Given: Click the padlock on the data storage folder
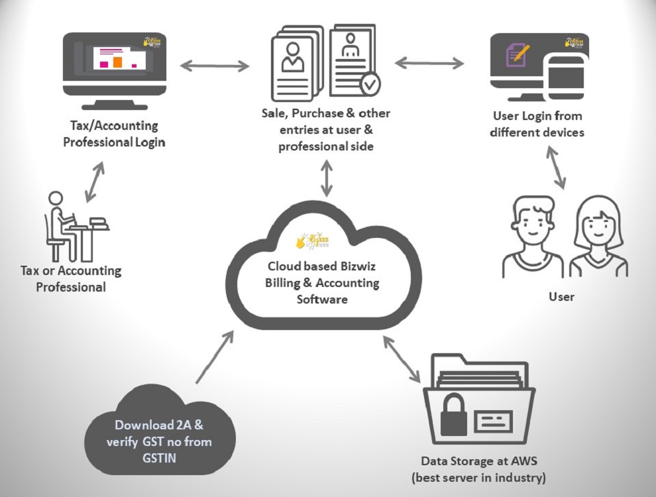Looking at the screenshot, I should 455,412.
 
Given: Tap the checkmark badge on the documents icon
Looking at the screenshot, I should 370,84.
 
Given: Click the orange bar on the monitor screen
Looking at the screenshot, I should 118,61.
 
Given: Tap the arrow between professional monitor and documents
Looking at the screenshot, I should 214,65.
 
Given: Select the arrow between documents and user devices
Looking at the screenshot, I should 429,63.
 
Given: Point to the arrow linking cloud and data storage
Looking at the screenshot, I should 400,359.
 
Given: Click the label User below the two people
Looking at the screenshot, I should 561,296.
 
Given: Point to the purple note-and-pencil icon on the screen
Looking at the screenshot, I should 518,54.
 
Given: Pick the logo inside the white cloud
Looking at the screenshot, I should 312,240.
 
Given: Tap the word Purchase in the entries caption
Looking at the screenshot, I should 317,113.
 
